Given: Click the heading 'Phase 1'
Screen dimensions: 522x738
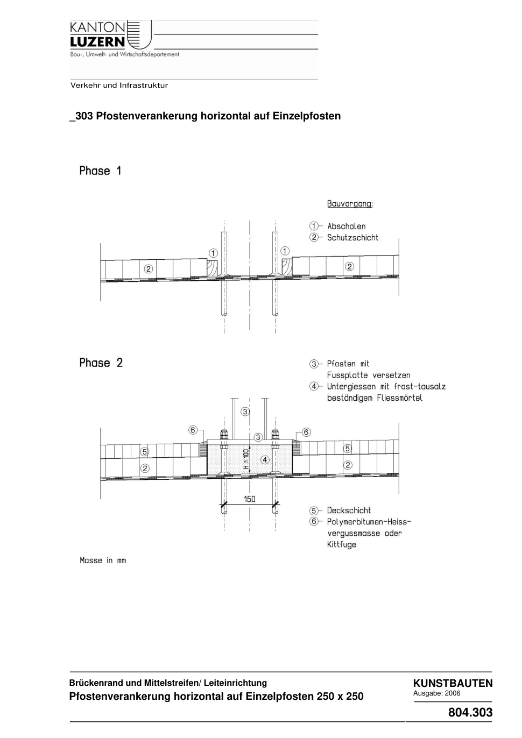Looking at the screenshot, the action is click(101, 171).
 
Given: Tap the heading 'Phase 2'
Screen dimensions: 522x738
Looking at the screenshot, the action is click(101, 363).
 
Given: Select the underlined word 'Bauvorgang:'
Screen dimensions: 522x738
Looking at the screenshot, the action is click(350, 204).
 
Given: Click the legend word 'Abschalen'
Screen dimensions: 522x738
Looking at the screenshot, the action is click(347, 226).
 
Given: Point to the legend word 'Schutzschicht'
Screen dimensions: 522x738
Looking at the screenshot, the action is click(352, 238).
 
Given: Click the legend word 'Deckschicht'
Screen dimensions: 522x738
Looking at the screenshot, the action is click(349, 510).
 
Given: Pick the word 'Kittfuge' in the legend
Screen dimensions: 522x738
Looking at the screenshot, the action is click(342, 544).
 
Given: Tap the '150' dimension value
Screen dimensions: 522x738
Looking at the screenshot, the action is click(250, 499).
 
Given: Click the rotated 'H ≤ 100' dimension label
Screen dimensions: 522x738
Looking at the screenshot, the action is click(245, 459).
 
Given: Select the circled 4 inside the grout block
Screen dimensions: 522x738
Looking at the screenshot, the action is click(265, 459).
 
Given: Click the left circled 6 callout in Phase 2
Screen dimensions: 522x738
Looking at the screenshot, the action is click(193, 430).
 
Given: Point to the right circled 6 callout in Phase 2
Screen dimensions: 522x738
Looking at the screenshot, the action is click(306, 432).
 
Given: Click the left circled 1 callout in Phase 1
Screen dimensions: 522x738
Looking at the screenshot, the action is click(213, 253).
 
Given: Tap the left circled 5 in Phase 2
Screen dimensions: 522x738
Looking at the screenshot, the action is click(145, 452).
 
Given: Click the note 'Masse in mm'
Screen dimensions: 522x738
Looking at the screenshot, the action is click(103, 560).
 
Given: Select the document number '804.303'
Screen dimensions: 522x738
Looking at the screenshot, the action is click(470, 712).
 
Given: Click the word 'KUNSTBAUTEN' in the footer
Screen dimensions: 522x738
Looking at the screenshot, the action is click(453, 683).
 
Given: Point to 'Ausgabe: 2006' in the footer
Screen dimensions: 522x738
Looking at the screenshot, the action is click(436, 693).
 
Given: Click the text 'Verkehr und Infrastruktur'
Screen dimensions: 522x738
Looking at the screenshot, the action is click(119, 86).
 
